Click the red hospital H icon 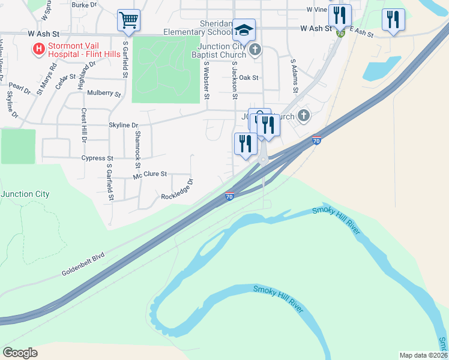pos(39,48)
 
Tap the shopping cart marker pos(128,20)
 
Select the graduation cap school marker pos(244,29)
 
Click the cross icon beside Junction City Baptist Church pos(255,49)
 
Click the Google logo pos(20,352)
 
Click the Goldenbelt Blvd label pos(83,264)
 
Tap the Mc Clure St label pos(149,175)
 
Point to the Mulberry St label pos(103,94)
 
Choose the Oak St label pos(248,77)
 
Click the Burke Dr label pos(84,5)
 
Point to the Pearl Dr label pos(20,89)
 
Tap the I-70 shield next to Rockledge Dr pos(229,196)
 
